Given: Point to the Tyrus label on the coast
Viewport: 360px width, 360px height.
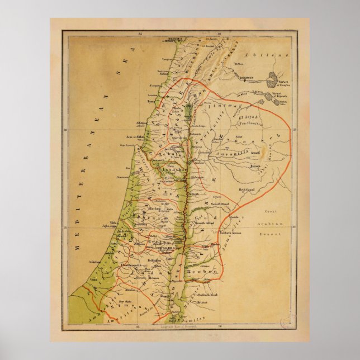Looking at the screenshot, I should (x=151, y=103).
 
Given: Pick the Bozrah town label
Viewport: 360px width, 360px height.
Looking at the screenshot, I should (x=255, y=167).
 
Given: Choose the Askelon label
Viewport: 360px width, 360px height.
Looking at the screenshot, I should (x=94, y=261).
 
